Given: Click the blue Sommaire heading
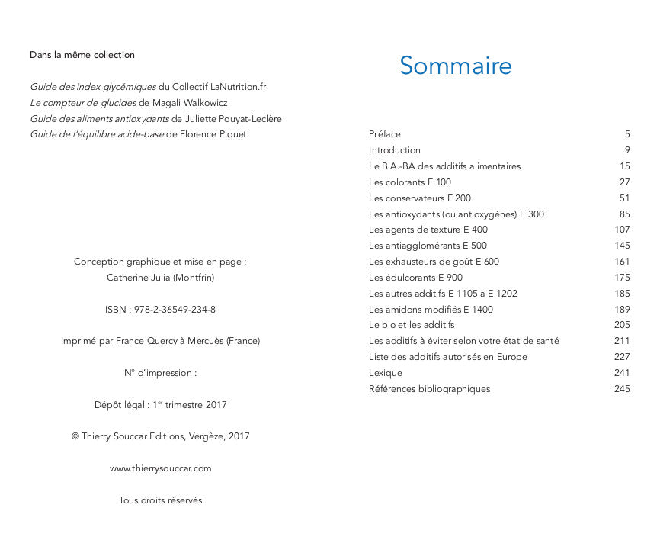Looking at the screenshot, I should click(x=455, y=66).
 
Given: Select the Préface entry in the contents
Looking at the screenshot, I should click(x=385, y=134).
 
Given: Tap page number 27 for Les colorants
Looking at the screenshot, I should click(x=625, y=182).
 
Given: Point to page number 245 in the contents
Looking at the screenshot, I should click(x=622, y=389).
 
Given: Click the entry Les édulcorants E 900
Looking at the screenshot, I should click(x=415, y=278).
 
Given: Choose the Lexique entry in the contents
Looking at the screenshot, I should click(x=386, y=373).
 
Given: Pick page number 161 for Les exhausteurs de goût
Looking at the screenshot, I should click(x=622, y=262).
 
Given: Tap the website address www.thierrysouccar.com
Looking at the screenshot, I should click(x=160, y=468).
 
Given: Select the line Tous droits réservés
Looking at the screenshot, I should click(x=160, y=500).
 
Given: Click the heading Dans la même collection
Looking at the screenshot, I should click(x=82, y=55).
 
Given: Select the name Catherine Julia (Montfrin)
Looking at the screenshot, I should click(x=160, y=278).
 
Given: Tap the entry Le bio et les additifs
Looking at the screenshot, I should click(x=412, y=325).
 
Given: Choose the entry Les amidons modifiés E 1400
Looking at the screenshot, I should click(x=431, y=310).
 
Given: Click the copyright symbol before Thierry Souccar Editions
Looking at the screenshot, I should click(x=75, y=437).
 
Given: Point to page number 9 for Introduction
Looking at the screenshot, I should click(x=627, y=150).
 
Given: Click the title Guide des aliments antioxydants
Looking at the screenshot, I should click(x=99, y=119).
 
